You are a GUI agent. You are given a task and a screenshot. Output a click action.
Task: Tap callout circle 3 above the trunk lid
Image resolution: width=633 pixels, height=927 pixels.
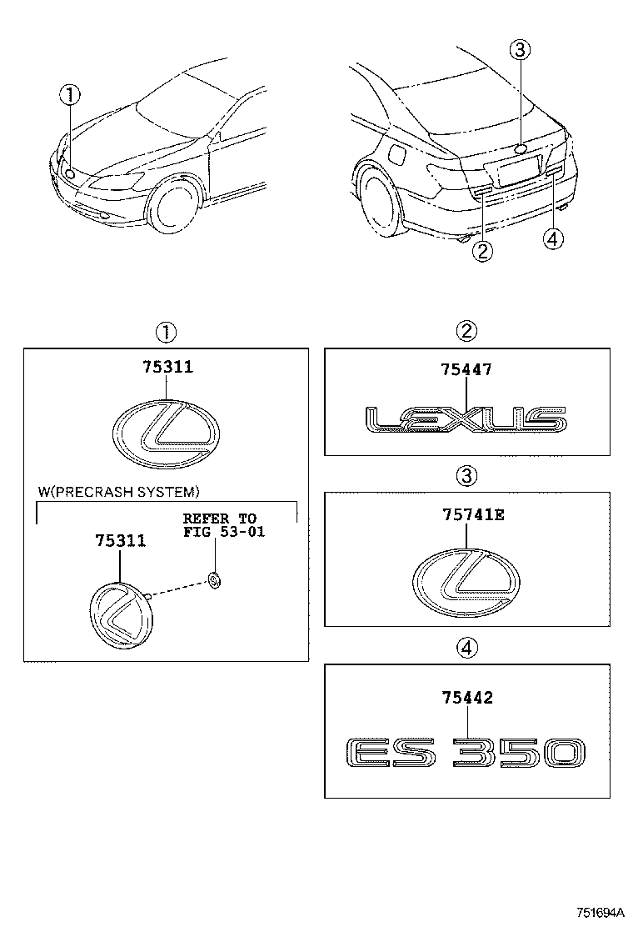point(520,51)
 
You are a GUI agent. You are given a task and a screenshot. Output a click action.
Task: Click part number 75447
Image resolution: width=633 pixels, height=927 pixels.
point(466,368)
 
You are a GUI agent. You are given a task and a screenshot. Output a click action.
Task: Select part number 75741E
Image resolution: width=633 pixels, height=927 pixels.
point(468,514)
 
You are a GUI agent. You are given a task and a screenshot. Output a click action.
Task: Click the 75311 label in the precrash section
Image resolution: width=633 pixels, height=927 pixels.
point(121,540)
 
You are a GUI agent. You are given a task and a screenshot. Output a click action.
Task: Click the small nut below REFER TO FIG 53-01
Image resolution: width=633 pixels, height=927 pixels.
point(214,579)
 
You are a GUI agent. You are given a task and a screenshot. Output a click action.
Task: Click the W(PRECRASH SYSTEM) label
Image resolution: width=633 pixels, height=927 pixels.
point(118,492)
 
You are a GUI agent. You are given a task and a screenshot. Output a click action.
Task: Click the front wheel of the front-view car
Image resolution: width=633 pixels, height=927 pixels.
point(174,206)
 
